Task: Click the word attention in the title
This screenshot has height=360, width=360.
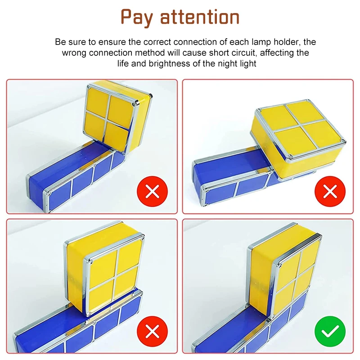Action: coord(200,17)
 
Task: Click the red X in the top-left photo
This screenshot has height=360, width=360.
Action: coord(153,191)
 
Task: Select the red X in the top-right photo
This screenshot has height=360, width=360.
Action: coord(330,191)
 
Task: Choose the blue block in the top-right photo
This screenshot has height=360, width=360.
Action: coord(225,180)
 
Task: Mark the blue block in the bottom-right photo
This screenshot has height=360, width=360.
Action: coord(252,333)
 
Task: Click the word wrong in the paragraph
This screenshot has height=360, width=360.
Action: coord(73,53)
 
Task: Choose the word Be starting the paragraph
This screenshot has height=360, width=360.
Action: coord(60,42)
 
